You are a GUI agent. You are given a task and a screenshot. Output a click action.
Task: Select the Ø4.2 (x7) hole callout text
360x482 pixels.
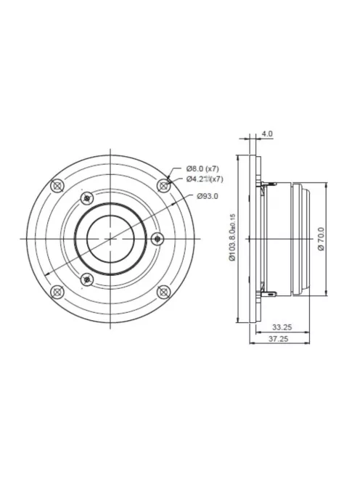205,179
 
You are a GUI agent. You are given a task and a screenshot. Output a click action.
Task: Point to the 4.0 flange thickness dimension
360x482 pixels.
266,134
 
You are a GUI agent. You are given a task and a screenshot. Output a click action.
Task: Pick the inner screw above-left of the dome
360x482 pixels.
87,197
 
